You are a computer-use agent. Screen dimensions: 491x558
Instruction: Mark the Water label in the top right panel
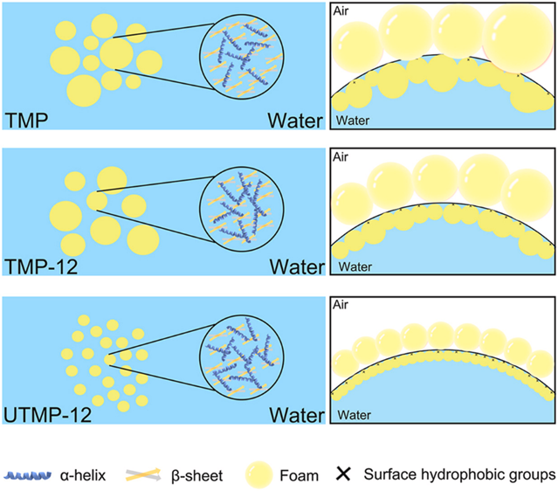tap(353, 120)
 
